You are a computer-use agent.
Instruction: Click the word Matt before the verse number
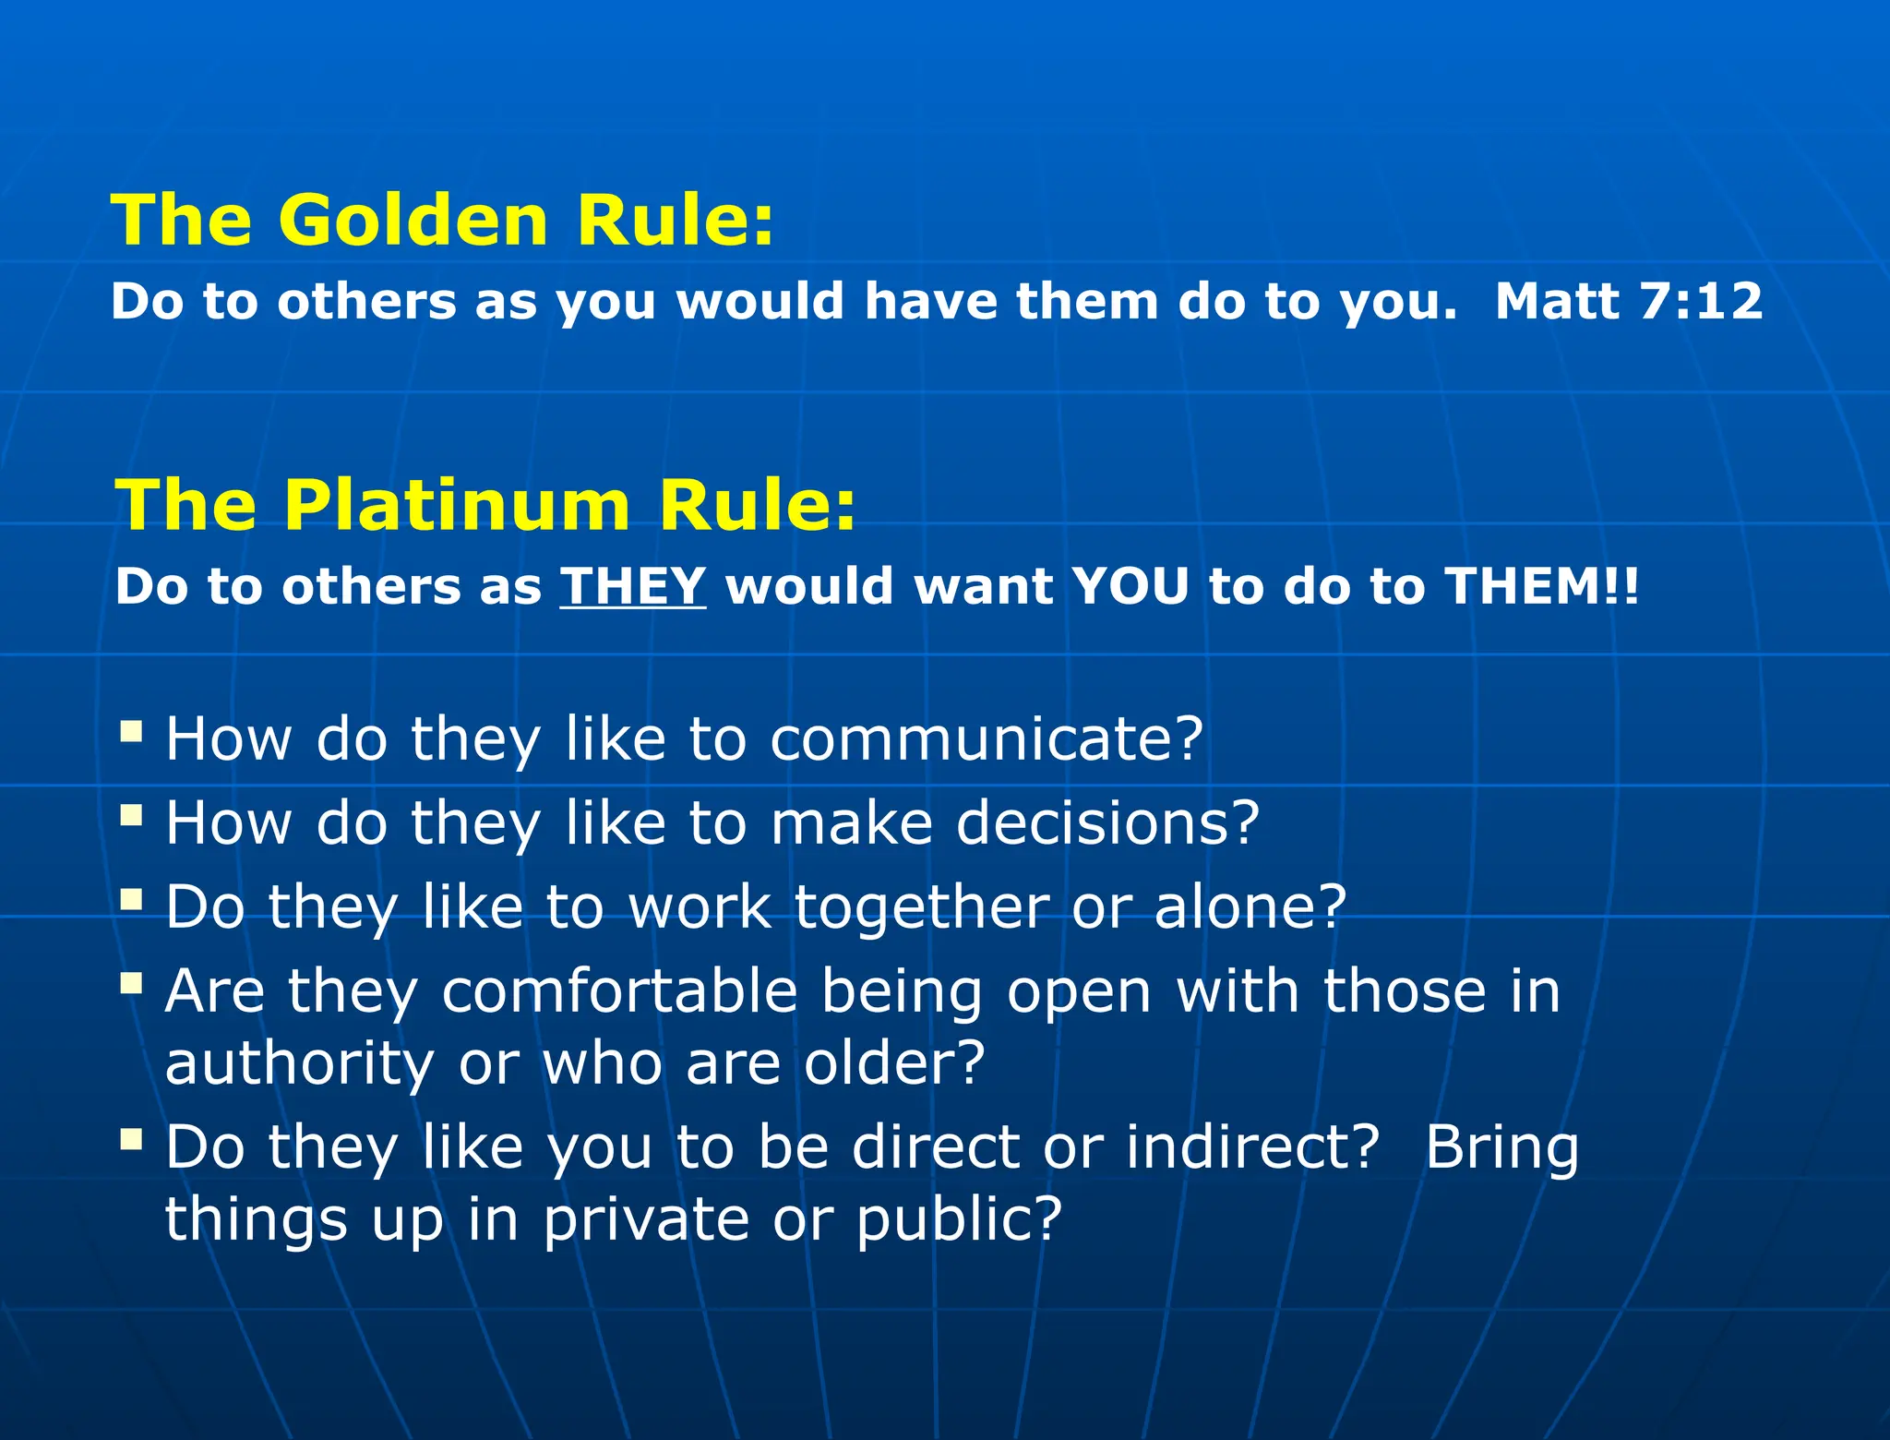1558,301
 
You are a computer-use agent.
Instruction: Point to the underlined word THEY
633,585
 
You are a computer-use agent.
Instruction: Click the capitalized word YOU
1130,585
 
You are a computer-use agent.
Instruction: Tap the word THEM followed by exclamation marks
1523,585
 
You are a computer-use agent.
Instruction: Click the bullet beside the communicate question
132,732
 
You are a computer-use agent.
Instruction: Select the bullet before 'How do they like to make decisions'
132,815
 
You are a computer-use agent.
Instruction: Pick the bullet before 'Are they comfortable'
132,982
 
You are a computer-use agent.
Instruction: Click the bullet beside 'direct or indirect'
132,1139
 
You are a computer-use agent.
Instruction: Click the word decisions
1095,822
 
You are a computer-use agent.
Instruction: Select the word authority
299,1063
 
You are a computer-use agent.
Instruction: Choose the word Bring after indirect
1501,1148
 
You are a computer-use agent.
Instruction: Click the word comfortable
619,991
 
